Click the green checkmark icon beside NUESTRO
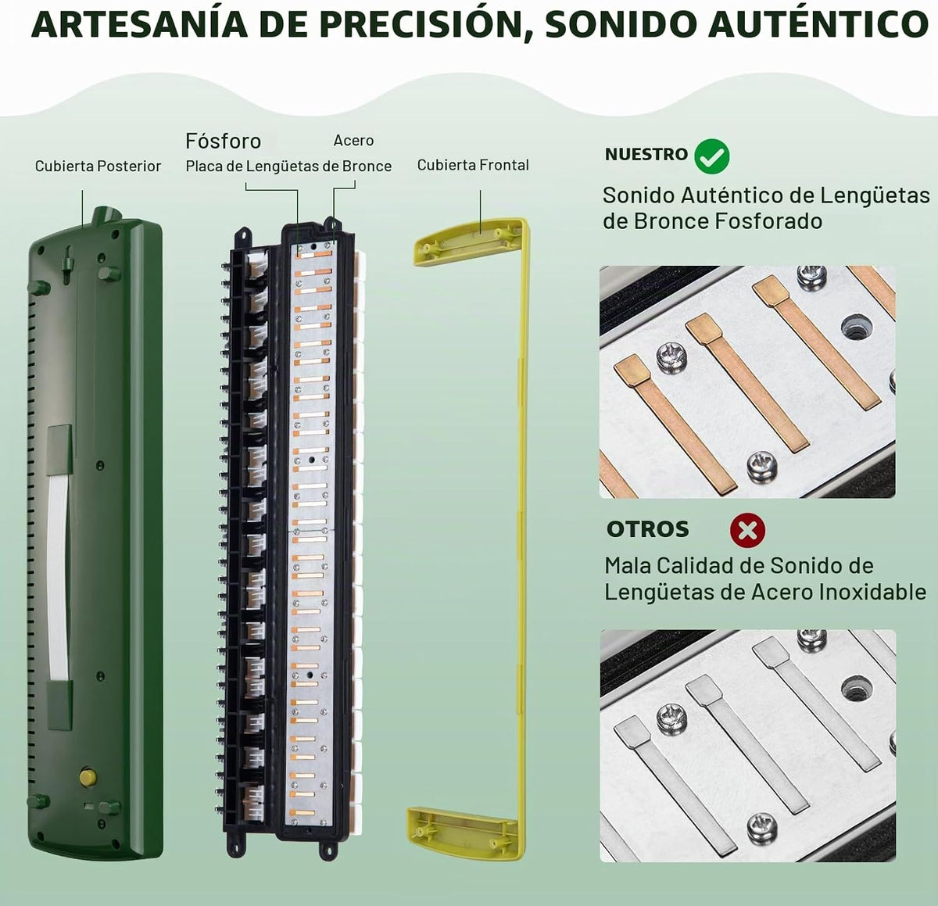click(x=712, y=156)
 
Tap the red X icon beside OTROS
click(x=747, y=530)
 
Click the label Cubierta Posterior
click(x=98, y=167)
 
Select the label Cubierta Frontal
click(x=473, y=165)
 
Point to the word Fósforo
click(x=224, y=141)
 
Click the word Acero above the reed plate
click(x=353, y=141)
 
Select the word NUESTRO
click(x=646, y=154)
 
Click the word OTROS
click(x=647, y=529)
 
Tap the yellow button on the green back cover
click(x=88, y=776)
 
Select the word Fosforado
click(x=768, y=222)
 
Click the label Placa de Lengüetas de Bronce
click(x=288, y=167)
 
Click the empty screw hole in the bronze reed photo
click(x=856, y=328)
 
